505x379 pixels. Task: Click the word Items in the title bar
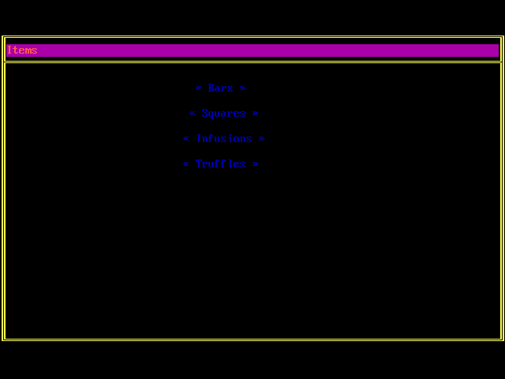(22, 51)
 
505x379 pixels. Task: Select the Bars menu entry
(221, 88)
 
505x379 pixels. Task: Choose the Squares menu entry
(224, 114)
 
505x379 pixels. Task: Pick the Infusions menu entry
(224, 139)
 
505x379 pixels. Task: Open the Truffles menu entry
(221, 164)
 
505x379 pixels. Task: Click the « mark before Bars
(199, 88)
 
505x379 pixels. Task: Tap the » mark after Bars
(243, 88)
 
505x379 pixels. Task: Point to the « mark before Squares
(193, 114)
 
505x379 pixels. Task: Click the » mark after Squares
(256, 114)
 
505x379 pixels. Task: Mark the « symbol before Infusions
(186, 139)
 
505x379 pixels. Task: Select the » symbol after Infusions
(262, 139)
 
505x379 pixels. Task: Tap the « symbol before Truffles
(186, 164)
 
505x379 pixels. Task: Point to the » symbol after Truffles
(256, 164)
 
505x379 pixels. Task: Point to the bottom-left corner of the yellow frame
(4, 340)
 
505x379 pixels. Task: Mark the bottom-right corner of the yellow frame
(502, 340)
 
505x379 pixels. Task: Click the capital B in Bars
(211, 88)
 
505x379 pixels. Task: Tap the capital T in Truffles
(199, 164)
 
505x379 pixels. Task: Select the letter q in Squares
(211, 114)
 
